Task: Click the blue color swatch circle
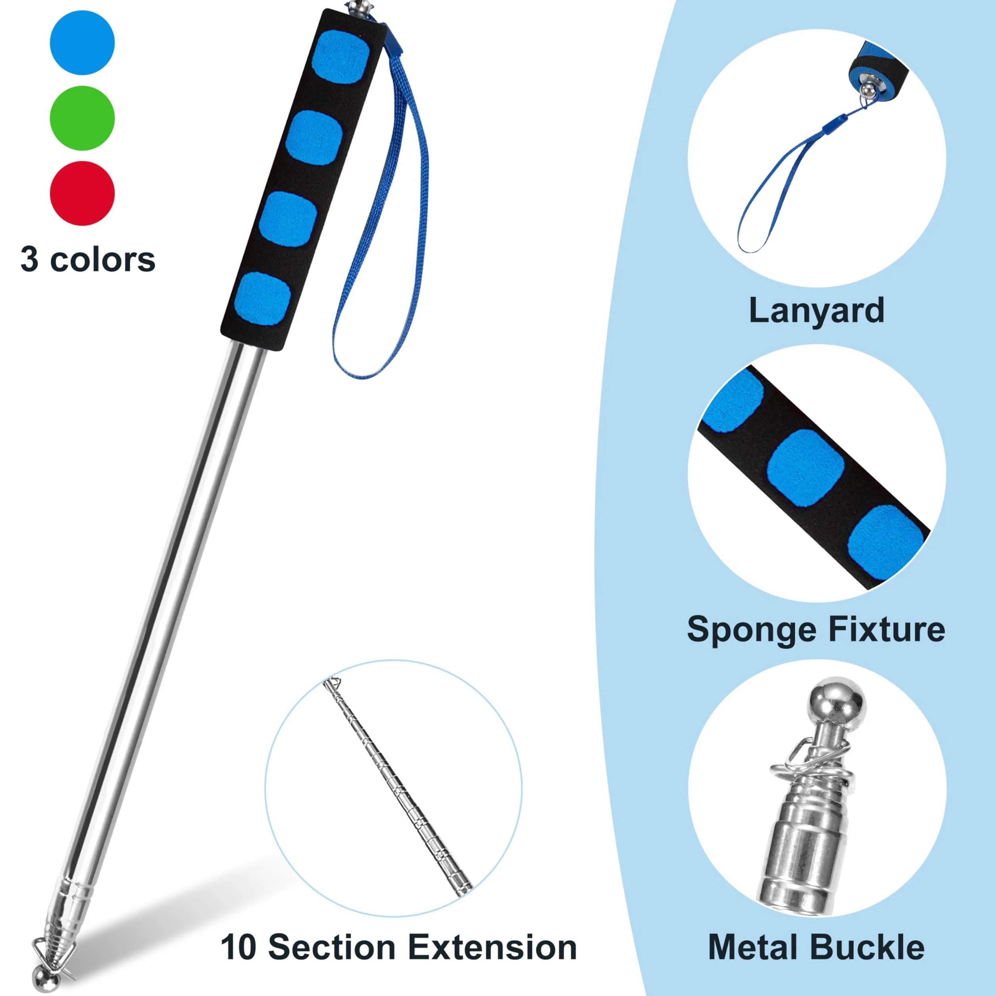click(x=82, y=42)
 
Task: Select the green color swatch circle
click(x=82, y=118)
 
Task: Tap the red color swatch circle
click(x=82, y=193)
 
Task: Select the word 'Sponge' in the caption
click(x=753, y=630)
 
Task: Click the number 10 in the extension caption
click(x=239, y=948)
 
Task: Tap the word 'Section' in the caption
click(x=332, y=948)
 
